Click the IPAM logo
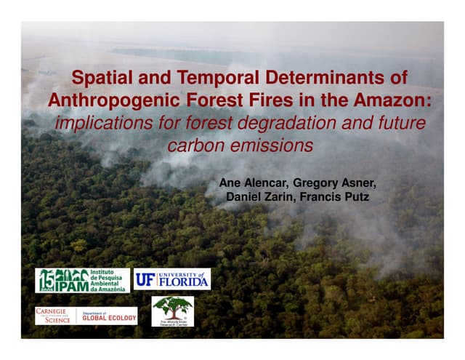[83, 279]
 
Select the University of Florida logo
[172, 279]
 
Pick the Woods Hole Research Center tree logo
[172, 311]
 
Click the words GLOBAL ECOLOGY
[108, 317]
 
